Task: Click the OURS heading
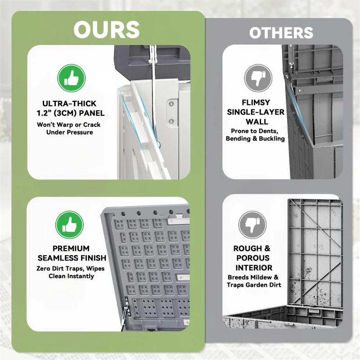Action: pos(107,30)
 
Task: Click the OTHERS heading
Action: pos(281,33)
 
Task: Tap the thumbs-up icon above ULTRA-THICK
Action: pos(72,78)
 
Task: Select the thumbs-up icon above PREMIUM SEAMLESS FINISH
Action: pos(70,225)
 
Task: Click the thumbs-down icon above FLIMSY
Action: pos(258,78)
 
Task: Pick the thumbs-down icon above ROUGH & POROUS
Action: pos(252,225)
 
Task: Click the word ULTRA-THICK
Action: pos(69,103)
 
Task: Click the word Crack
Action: pos(92,125)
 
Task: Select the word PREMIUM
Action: pos(71,248)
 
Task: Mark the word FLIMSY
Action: pos(256,103)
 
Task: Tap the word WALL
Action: pos(257,121)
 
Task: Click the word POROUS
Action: pos(253,258)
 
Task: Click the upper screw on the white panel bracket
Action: pos(171,104)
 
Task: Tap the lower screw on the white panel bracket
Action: pos(171,121)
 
